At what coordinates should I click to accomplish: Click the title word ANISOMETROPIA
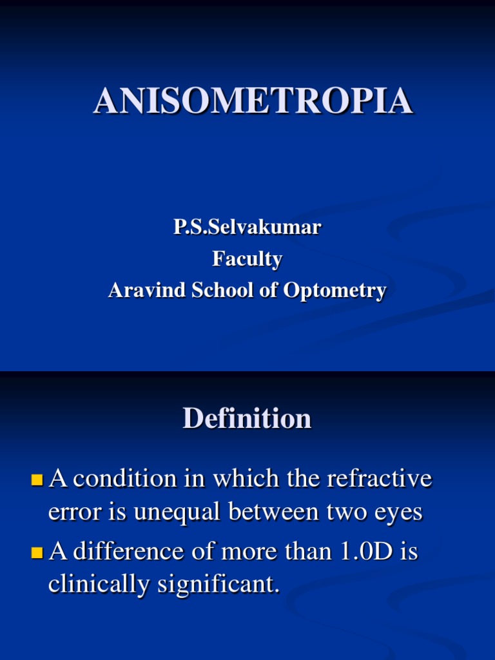253,101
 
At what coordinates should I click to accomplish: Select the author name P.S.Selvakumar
247,228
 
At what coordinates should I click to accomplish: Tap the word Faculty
247,259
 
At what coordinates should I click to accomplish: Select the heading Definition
247,419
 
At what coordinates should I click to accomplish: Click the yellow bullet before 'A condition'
37,480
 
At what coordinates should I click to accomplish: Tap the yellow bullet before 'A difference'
37,552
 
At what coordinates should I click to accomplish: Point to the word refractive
379,479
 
